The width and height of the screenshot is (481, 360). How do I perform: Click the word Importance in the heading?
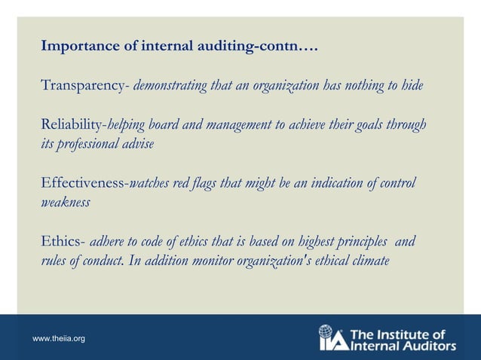coord(77,47)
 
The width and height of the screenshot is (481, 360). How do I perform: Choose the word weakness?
coord(66,203)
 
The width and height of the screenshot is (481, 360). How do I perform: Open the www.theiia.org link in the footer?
coord(59,340)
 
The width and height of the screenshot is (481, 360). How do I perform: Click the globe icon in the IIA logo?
coord(326,331)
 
